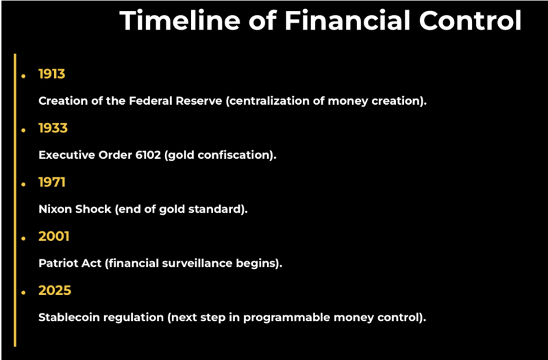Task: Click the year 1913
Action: (x=52, y=74)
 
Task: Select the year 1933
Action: (x=53, y=128)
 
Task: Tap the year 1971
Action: (x=52, y=182)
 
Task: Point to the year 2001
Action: (x=54, y=236)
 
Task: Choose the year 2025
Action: (x=55, y=290)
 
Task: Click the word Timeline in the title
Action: (x=180, y=21)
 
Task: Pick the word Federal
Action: (x=151, y=101)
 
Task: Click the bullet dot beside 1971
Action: (x=23, y=184)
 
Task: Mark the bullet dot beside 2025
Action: (x=23, y=293)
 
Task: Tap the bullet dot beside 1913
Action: (x=23, y=76)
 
